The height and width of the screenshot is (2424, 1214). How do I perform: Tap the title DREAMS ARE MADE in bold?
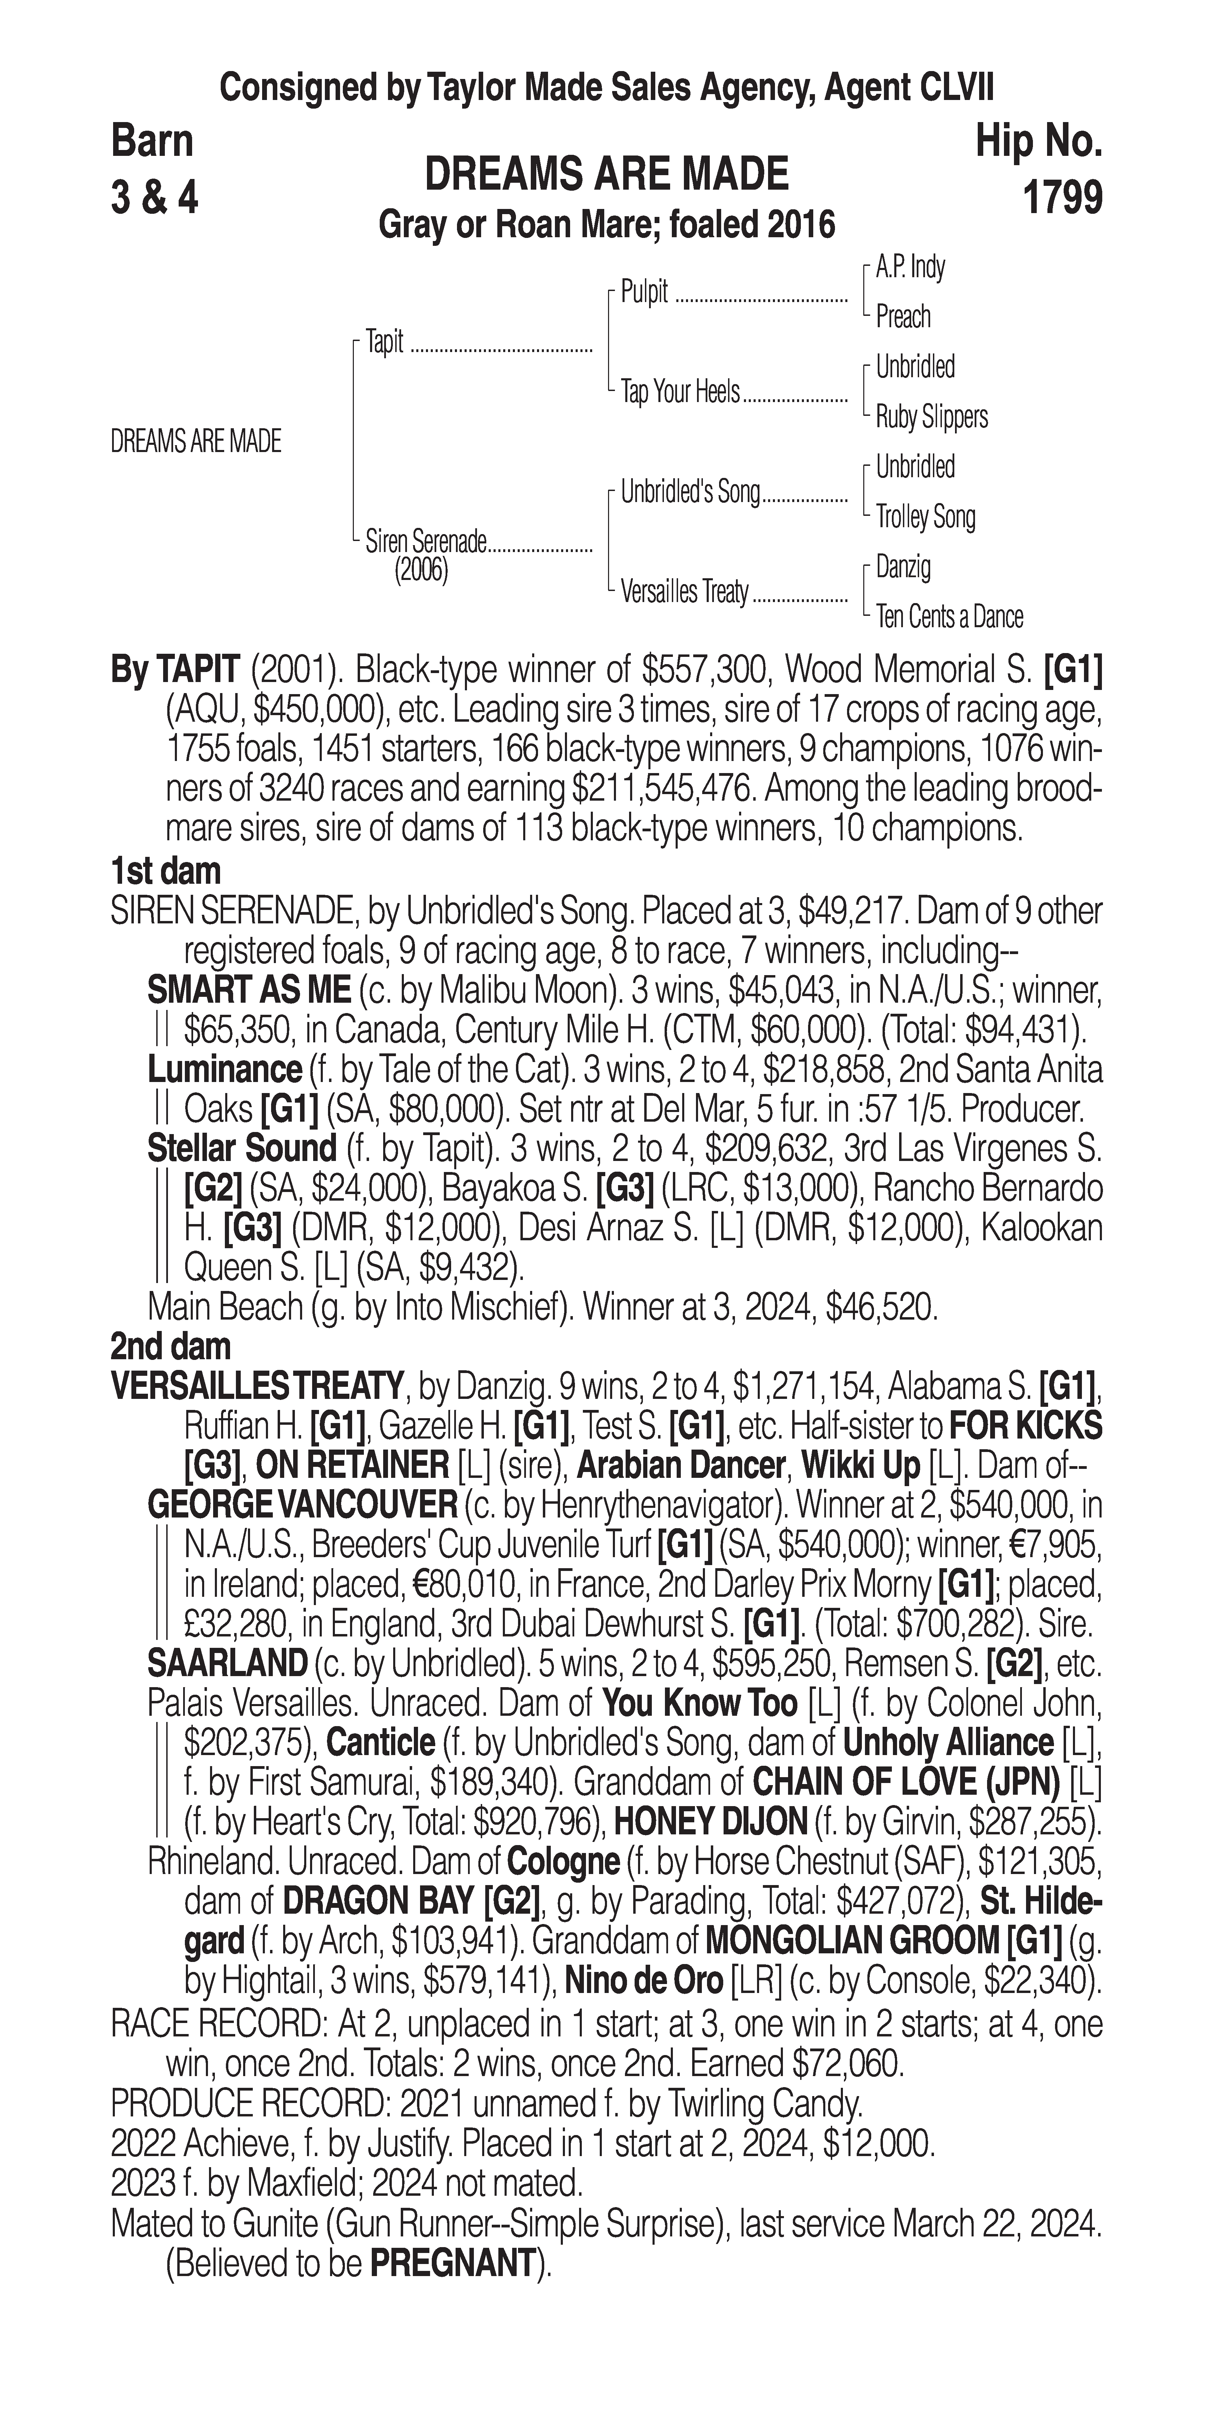point(607,175)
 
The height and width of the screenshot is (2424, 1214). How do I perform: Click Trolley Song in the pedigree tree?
point(925,517)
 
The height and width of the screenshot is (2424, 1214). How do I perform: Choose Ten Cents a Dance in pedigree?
point(949,617)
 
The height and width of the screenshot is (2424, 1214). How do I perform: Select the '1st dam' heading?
point(166,870)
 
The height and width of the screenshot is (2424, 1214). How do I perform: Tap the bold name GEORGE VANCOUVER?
point(301,1505)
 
